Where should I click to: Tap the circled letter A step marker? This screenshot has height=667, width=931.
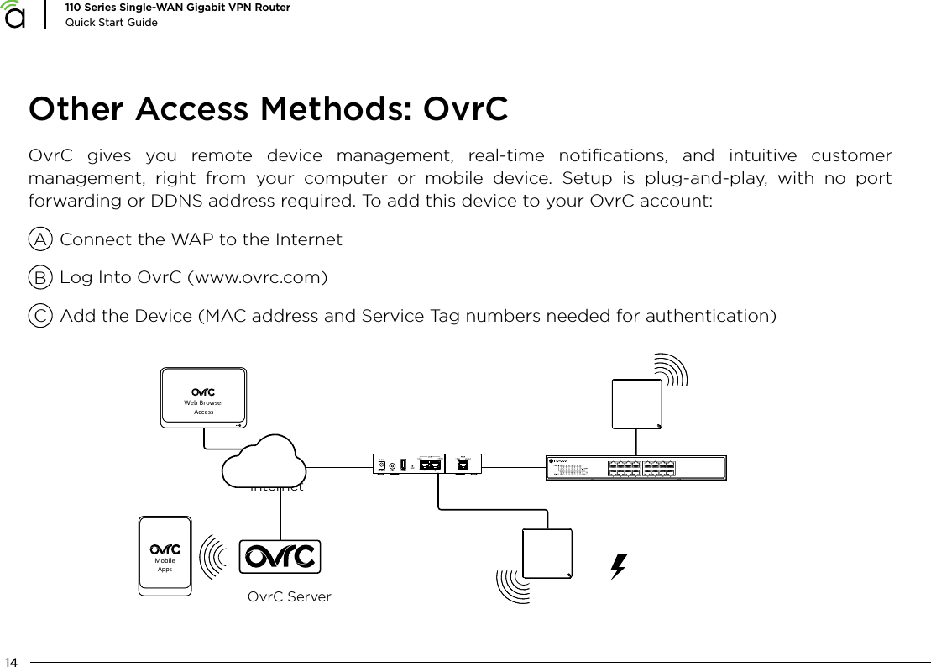tap(39, 239)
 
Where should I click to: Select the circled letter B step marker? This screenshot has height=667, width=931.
tap(39, 278)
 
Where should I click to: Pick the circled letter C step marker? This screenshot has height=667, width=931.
tap(39, 317)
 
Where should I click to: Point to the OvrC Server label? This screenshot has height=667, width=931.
tap(290, 597)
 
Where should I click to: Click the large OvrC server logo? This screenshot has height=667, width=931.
tap(280, 557)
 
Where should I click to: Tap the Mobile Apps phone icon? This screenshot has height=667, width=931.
tap(165, 557)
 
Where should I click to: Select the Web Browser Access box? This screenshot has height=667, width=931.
tap(203, 397)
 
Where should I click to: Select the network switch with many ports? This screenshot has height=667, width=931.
tap(635, 468)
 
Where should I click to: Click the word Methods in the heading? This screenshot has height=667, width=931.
tap(343, 110)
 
